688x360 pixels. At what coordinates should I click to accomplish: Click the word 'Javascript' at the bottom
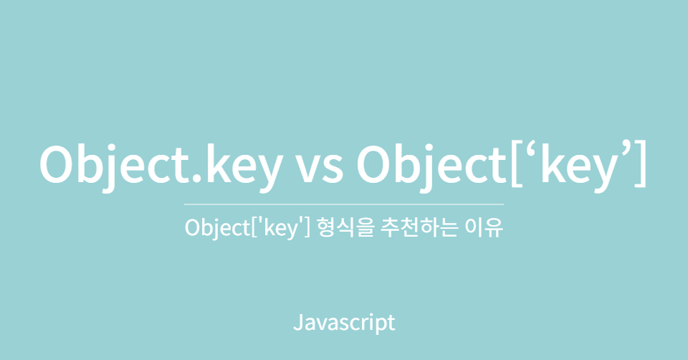point(344,322)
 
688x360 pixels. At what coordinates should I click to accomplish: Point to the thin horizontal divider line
point(344,204)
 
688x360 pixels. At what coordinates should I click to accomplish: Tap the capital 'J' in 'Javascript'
point(297,321)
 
